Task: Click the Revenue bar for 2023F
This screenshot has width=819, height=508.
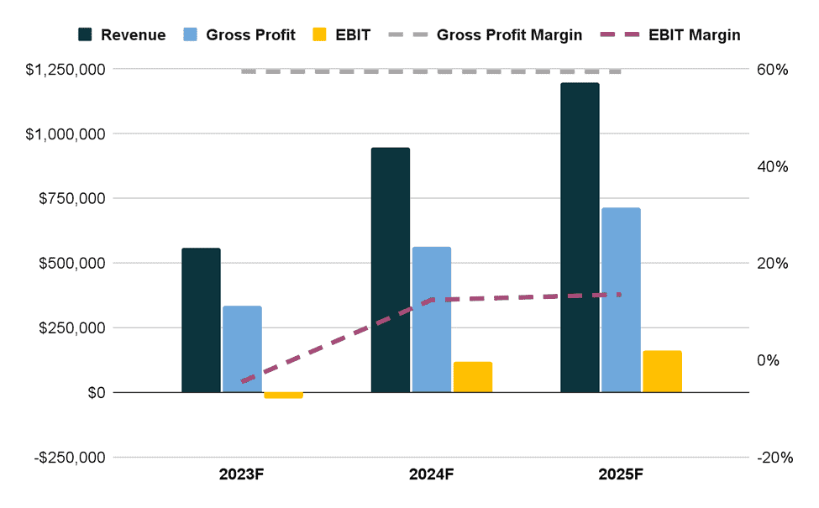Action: point(201,320)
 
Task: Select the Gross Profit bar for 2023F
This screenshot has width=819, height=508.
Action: point(242,348)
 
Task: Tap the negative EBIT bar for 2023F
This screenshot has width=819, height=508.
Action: point(283,395)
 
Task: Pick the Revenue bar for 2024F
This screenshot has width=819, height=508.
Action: point(391,270)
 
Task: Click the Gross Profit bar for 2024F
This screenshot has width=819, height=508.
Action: point(432,319)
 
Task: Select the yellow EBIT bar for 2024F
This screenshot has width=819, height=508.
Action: point(473,377)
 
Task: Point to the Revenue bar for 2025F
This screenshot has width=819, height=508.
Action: point(580,238)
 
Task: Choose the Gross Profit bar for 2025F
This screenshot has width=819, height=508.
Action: point(621,300)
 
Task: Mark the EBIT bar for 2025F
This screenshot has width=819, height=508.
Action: point(662,371)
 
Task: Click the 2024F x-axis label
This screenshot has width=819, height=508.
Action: point(432,474)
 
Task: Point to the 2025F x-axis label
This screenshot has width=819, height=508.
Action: point(621,474)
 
